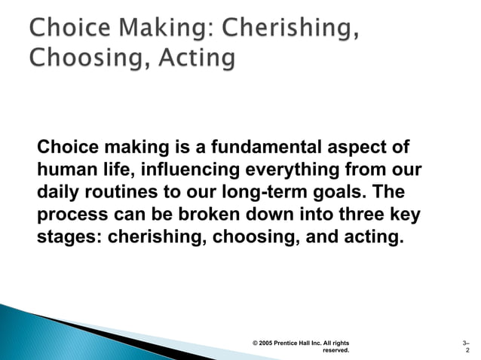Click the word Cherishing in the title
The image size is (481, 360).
[x=290, y=27]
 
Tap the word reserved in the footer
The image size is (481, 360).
[x=335, y=350]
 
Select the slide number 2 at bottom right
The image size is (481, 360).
[x=468, y=350]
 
